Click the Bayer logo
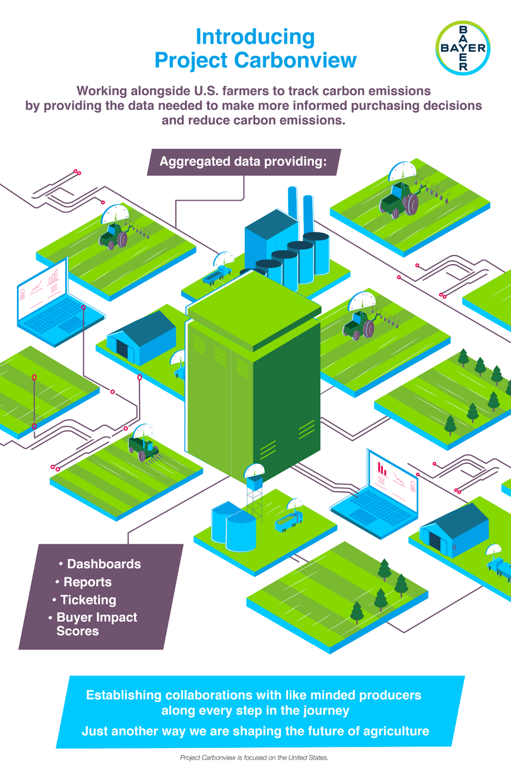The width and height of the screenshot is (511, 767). click(x=463, y=48)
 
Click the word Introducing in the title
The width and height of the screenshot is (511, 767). click(x=255, y=37)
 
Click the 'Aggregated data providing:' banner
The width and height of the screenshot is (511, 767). click(x=244, y=162)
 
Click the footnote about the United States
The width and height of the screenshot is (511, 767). click(x=254, y=758)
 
